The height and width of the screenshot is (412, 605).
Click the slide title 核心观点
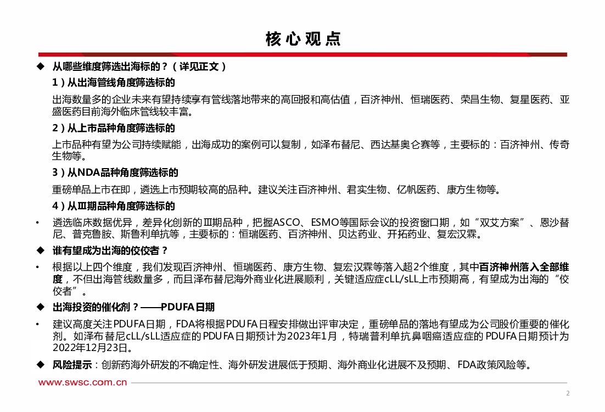[x=302, y=38]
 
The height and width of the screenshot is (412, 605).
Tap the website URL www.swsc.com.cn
[x=82, y=382]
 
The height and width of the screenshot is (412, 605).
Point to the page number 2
[x=568, y=393]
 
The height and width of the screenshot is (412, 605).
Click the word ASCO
[x=288, y=223]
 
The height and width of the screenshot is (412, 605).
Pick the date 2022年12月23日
[x=92, y=348]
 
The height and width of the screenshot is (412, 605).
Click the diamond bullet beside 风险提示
[x=40, y=365]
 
